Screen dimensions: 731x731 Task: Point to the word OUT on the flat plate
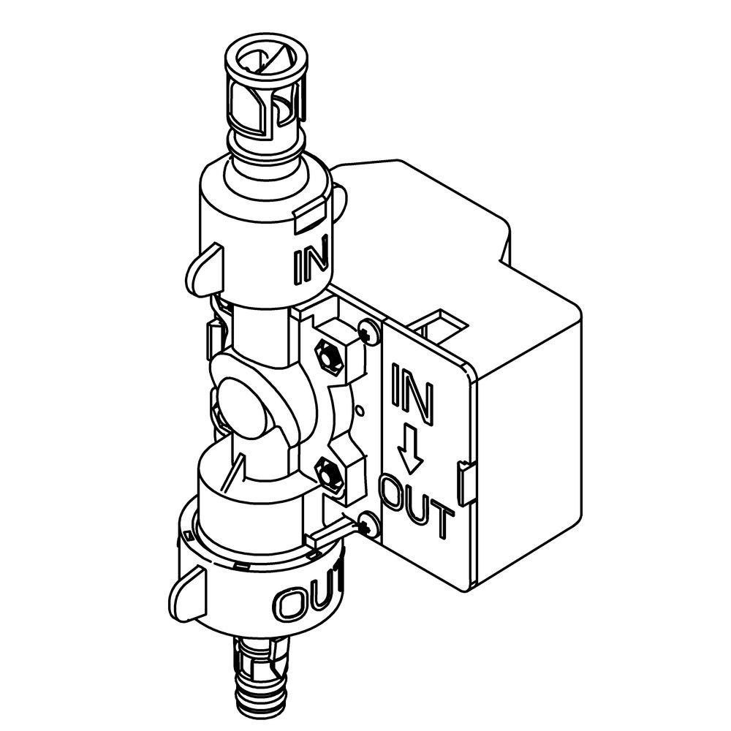pos(416,504)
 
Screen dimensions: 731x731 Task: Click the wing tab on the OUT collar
pos(189,591)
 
